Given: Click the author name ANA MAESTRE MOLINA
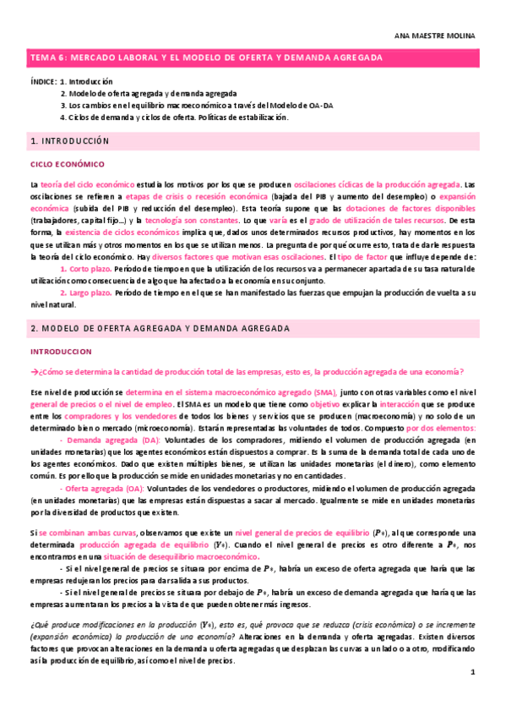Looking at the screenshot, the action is click(448, 36).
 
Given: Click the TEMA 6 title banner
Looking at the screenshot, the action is click(207, 57).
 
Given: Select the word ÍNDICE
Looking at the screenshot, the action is click(42, 82).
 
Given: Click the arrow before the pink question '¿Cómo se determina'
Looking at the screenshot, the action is click(34, 372).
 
